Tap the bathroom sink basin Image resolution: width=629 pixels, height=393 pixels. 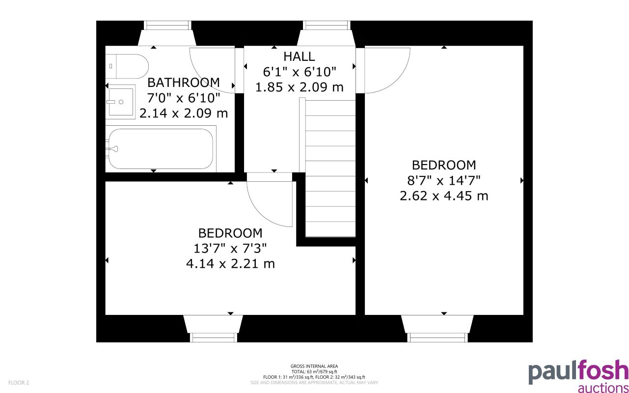121,102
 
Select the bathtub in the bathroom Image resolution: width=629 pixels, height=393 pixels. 161,148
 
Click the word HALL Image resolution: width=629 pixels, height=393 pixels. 299,56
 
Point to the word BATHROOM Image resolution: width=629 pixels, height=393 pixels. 184,82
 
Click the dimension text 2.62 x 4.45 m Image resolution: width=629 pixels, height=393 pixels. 444,196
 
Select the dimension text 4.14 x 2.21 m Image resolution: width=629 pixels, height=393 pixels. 230,264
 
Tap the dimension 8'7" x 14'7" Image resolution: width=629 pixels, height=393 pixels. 444,180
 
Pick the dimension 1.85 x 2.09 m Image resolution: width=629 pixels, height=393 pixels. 299,87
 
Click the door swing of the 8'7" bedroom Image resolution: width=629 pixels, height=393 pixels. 385,70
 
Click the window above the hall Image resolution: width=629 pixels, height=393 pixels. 327,26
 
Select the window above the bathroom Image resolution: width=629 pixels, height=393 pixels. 166,26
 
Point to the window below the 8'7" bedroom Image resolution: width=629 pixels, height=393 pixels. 438,337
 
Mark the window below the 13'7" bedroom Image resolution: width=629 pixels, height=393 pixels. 213,337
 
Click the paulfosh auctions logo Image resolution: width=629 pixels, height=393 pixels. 577,377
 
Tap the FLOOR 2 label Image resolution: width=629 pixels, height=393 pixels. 19,383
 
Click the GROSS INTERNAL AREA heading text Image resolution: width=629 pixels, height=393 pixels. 314,366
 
